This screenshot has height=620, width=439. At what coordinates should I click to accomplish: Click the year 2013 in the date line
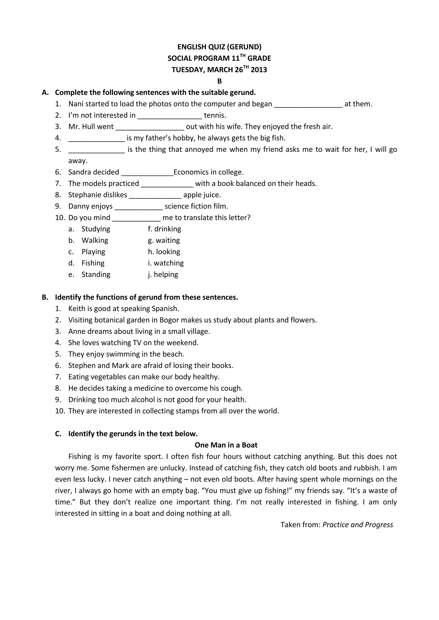click(259, 70)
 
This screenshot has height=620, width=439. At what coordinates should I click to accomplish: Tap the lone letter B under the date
click(219, 81)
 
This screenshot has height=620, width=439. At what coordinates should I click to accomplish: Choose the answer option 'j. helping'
click(163, 274)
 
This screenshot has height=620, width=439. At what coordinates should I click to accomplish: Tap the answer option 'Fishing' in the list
click(93, 263)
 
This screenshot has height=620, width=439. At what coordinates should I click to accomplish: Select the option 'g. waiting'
click(164, 240)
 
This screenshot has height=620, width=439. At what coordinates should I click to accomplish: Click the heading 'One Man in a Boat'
click(226, 445)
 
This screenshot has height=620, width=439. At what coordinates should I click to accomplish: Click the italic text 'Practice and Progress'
click(358, 525)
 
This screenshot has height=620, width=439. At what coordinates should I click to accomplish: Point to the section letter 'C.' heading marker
click(58, 434)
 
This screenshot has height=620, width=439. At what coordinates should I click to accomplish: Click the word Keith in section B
click(77, 308)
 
